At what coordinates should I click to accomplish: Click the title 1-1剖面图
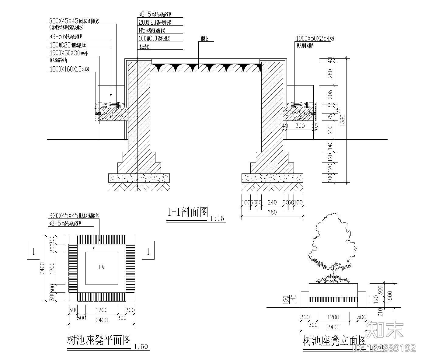tap(187, 212)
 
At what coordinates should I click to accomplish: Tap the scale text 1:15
tap(217, 218)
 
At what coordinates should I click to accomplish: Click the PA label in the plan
tap(101, 267)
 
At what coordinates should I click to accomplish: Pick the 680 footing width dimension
tap(272, 212)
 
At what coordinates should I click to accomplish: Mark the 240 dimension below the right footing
tap(272, 202)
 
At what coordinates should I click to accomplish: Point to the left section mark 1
tap(34, 252)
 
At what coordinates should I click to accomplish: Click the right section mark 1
tap(148, 252)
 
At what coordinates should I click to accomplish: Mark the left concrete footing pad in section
tap(139, 178)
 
